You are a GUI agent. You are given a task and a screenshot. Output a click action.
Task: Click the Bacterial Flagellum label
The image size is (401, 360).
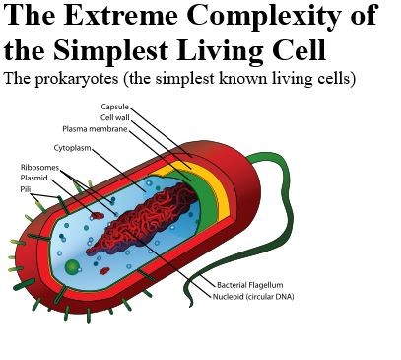tap(248, 284)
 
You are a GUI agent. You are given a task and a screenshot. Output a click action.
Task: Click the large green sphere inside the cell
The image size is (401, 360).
tap(72, 266)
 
